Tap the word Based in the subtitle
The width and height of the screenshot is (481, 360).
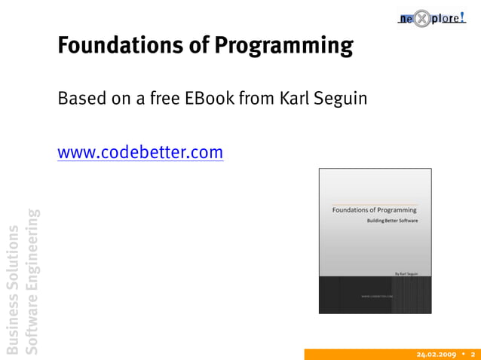[78, 99]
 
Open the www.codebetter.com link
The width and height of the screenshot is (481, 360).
[140, 153]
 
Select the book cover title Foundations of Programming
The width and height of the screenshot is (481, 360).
[374, 210]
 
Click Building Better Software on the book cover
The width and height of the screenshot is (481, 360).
[392, 221]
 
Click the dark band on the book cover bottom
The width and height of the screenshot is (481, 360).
[375, 294]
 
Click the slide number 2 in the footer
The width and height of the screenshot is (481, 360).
[473, 354]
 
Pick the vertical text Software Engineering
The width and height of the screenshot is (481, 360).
[32, 280]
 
